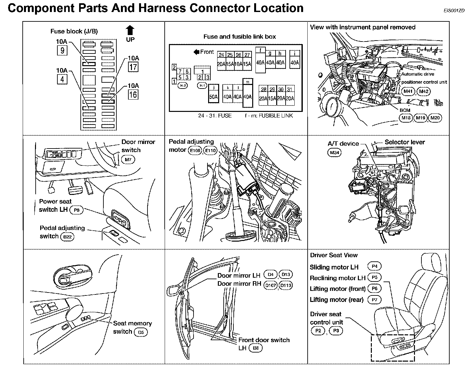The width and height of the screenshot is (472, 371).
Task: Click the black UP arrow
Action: point(130,31)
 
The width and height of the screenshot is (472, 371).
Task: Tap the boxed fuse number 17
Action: point(133,67)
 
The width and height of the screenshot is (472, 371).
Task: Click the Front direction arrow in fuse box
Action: point(196,52)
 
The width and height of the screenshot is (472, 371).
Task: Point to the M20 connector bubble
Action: point(435,118)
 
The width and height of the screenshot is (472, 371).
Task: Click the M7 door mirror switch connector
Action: point(128,160)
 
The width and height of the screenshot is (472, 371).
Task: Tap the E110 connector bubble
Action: point(210,150)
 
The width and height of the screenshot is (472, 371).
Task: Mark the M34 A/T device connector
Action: point(334,152)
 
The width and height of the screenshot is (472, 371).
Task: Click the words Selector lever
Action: point(405,142)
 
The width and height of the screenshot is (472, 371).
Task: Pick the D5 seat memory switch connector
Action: point(141,332)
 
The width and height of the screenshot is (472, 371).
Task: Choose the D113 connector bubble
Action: point(286,285)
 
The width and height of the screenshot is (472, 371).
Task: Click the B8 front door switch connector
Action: point(256,348)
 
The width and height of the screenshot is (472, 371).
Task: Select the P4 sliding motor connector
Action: point(374,267)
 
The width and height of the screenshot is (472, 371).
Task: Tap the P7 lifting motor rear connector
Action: point(374,300)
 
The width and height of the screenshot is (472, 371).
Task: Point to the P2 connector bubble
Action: point(318,331)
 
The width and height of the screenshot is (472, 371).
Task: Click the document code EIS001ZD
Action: point(454,10)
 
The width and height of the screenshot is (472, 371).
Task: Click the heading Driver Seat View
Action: point(334,255)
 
